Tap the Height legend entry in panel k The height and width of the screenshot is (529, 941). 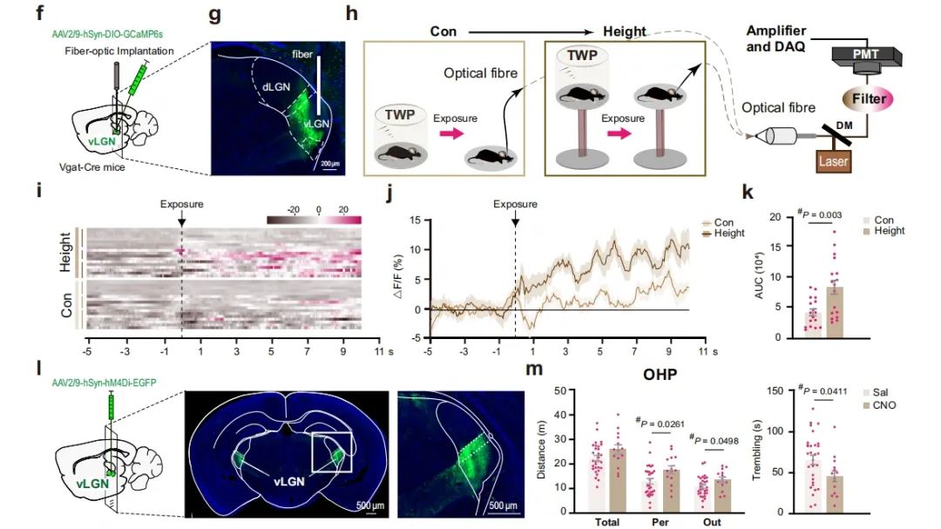889,231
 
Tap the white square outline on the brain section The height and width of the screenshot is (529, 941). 331,451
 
